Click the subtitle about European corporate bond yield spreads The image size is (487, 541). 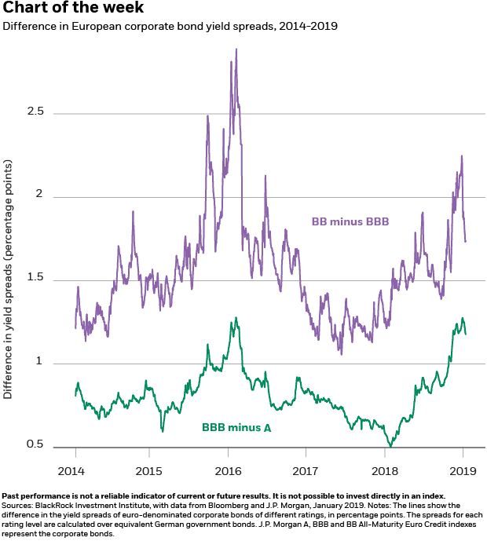170,26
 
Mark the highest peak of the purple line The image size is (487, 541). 236,49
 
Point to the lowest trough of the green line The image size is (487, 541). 389,445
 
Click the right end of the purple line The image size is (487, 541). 466,241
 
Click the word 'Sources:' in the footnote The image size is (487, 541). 16,506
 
